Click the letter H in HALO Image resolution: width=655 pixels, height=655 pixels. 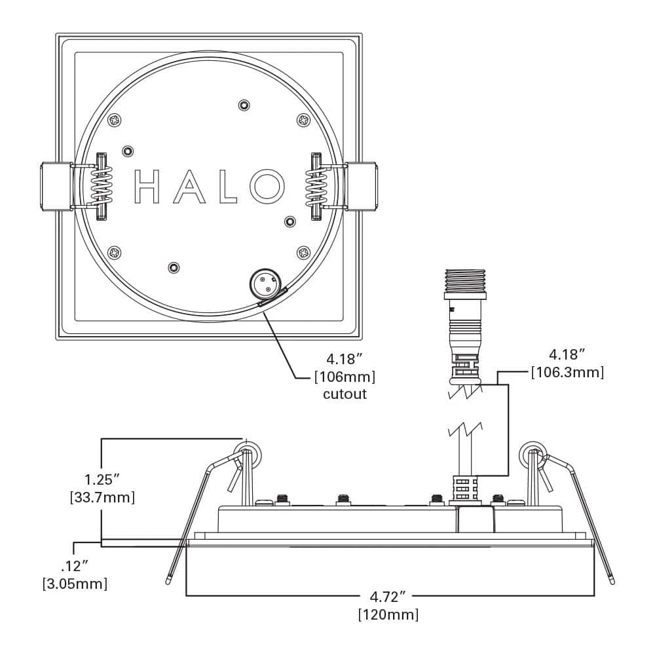tap(147, 186)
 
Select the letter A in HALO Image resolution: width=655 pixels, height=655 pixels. tap(189, 186)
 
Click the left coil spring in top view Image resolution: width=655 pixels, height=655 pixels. tap(102, 185)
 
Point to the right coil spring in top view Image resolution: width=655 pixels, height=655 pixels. tap(317, 185)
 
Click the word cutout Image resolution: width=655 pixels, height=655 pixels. tap(345, 394)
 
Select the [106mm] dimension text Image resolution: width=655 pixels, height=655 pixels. tap(345, 377)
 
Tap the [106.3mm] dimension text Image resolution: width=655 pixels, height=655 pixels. tap(567, 372)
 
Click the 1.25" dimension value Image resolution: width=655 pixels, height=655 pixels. tap(102, 479)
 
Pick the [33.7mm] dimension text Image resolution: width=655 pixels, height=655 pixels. tap(102, 497)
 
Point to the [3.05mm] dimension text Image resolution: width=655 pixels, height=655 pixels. tap(74, 582)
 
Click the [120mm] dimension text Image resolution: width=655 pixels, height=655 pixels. tap(388, 615)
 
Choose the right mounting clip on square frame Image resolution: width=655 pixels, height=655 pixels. tap(362, 186)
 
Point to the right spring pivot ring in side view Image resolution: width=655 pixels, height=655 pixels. tap(533, 453)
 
